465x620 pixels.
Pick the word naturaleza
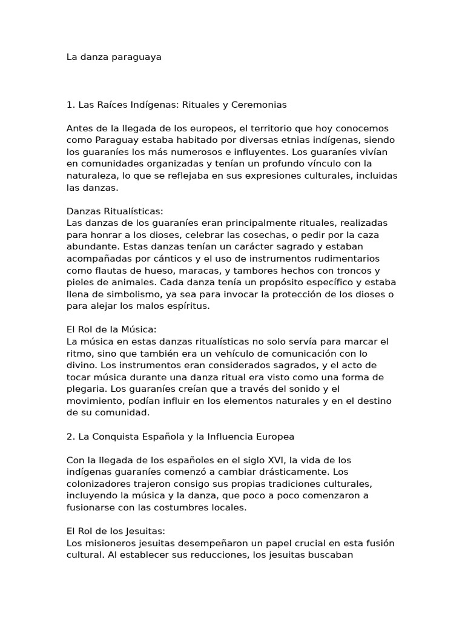point(92,176)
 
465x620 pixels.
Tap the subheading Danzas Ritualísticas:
point(115,211)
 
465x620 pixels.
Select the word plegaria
point(87,389)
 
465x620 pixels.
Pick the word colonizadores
point(101,483)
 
